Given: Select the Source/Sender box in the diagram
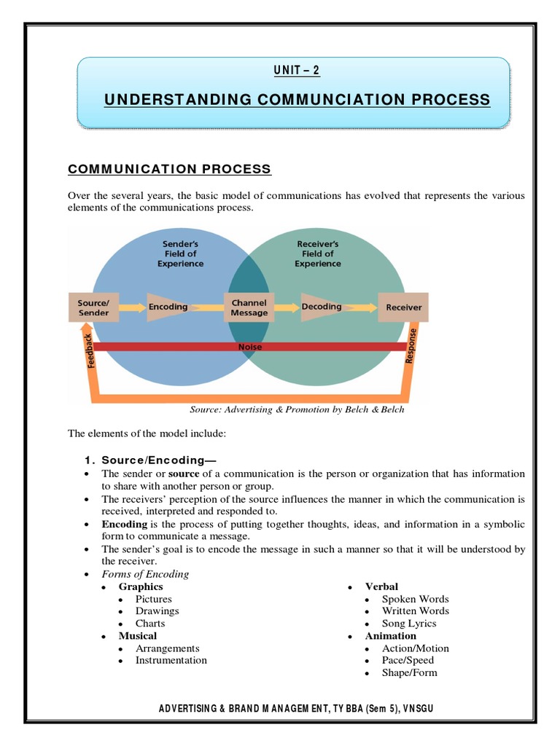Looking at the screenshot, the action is (x=93, y=307).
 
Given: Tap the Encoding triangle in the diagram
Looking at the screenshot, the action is (x=168, y=307).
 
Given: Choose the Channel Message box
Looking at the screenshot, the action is (x=249, y=307).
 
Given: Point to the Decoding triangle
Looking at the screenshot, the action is (x=321, y=307).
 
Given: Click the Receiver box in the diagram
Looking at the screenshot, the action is (x=403, y=307).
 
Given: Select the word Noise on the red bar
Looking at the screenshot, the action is (x=250, y=347).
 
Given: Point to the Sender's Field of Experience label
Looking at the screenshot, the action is (x=180, y=254).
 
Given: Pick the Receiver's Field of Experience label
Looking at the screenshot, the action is (x=318, y=254).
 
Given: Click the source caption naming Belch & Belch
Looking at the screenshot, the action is (x=297, y=409).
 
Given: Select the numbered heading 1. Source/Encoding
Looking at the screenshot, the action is (x=150, y=460).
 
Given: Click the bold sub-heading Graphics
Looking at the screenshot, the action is (x=141, y=586).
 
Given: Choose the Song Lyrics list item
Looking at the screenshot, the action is (x=409, y=624).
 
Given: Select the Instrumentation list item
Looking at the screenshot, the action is (x=171, y=660).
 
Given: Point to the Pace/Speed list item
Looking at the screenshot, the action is (x=408, y=660).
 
